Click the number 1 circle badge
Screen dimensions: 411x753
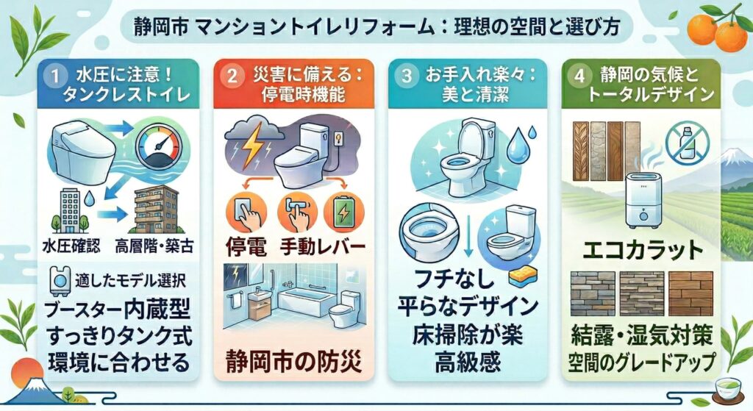point(53,74)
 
